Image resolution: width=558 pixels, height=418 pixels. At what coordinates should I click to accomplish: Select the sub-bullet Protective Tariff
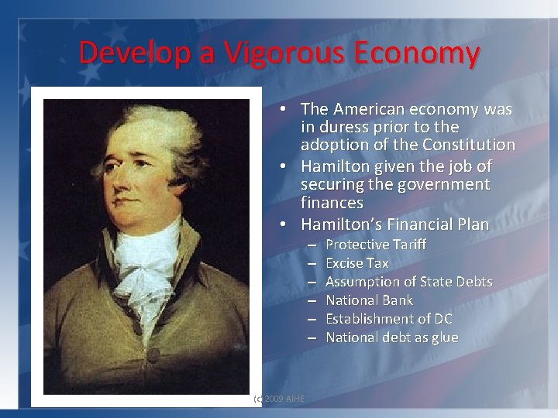click(x=376, y=245)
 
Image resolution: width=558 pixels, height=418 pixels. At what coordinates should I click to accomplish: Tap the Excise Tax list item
click(x=357, y=263)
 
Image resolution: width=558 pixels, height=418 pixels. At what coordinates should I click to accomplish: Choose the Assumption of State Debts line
click(x=408, y=282)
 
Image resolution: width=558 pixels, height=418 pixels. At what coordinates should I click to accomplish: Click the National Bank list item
click(x=369, y=300)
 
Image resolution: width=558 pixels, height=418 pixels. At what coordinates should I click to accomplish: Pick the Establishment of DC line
click(x=389, y=319)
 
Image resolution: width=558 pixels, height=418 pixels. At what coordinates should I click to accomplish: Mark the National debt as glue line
click(x=391, y=337)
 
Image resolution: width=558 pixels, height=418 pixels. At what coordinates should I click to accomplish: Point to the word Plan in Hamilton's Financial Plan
click(x=473, y=224)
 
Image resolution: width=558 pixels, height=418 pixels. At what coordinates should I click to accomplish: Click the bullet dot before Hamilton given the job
click(x=285, y=166)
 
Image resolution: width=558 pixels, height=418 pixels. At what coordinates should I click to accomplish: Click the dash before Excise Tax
click(x=311, y=263)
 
